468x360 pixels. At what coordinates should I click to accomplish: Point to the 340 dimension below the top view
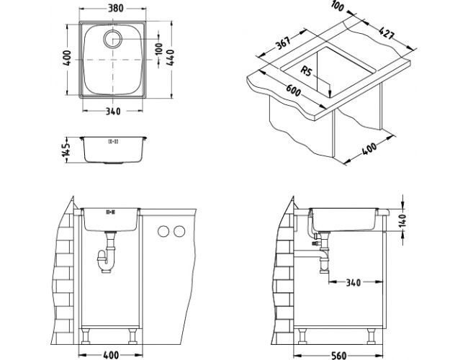[x=112, y=110]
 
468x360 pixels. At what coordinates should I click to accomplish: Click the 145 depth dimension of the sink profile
[x=65, y=150]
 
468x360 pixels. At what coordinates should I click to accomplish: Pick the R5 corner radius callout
[x=305, y=72]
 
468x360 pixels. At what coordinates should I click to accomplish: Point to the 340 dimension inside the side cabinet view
[x=353, y=282]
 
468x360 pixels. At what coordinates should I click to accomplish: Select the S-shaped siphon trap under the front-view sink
[x=108, y=258]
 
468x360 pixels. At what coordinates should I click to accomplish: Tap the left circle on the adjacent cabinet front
[x=164, y=231]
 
